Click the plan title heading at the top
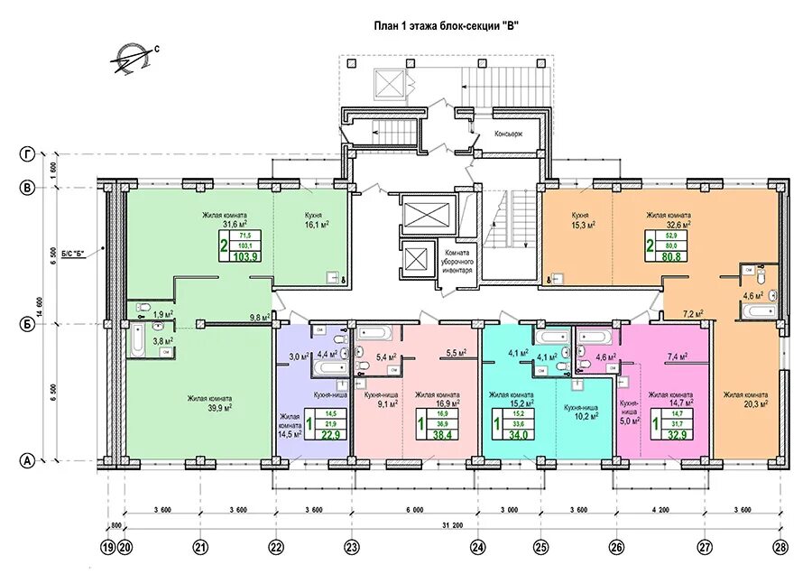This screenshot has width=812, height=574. [x=446, y=25]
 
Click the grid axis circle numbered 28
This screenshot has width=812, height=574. [x=779, y=546]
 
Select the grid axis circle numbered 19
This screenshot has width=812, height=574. [x=109, y=546]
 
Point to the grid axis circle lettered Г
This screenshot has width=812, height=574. [x=28, y=155]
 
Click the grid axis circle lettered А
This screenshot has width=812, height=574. [x=28, y=461]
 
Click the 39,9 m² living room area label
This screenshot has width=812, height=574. [x=210, y=403]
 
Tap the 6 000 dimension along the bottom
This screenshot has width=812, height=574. [x=413, y=508]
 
